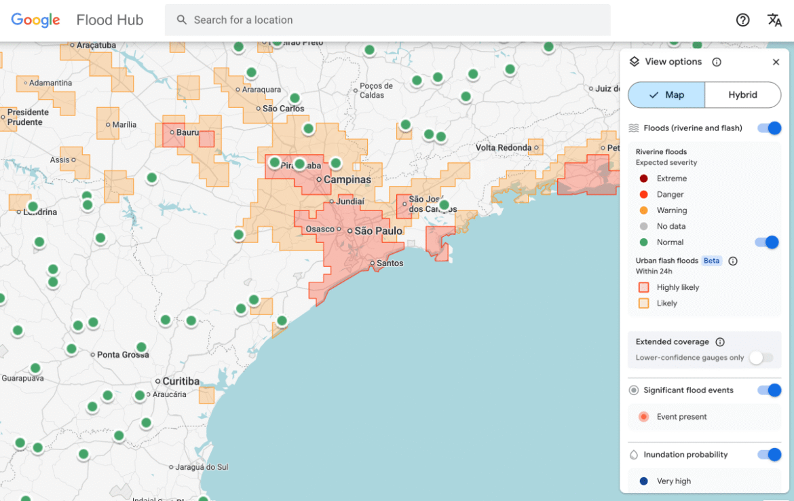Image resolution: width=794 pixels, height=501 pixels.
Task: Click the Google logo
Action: click(35, 20)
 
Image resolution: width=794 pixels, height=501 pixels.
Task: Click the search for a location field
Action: click(387, 20)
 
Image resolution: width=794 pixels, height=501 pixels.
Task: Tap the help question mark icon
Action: click(742, 20)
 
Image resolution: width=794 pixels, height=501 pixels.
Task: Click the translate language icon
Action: click(774, 20)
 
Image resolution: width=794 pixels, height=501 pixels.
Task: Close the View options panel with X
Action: click(776, 62)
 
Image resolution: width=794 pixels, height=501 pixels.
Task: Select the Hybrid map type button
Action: click(742, 95)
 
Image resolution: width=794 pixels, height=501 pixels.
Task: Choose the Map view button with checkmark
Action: click(666, 95)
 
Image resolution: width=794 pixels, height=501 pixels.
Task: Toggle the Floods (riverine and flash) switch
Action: click(770, 128)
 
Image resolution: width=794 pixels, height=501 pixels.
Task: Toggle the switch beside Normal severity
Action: click(767, 242)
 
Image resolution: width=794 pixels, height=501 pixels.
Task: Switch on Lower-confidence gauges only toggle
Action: click(761, 358)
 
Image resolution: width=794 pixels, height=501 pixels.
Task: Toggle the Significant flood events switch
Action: click(770, 390)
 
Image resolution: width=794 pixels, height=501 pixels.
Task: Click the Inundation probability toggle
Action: click(770, 455)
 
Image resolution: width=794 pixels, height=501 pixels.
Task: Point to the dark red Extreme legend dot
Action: click(643, 179)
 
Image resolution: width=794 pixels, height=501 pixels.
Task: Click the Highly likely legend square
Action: click(643, 288)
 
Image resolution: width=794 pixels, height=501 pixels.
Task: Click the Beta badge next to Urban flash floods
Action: click(711, 261)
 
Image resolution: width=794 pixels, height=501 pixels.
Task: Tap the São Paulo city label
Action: click(378, 231)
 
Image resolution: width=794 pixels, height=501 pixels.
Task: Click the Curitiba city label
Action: click(181, 382)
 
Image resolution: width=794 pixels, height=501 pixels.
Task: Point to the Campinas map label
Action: click(347, 180)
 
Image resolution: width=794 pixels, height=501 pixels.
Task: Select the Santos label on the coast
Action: click(390, 263)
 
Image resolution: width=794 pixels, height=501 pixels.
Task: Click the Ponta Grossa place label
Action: click(123, 355)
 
